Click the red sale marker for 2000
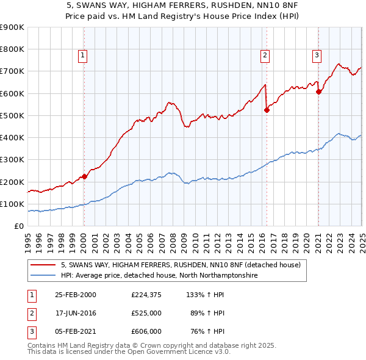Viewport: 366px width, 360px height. coord(84,176)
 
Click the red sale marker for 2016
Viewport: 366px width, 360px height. coord(266,110)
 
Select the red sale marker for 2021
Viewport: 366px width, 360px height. coord(318,92)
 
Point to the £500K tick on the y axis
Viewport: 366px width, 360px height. coord(12,115)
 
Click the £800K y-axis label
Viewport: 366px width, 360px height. coord(12,49)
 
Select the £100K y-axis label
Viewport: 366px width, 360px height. coord(12,204)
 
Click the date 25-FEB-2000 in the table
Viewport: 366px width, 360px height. coord(76,294)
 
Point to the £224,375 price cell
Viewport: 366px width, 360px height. coord(146,294)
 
